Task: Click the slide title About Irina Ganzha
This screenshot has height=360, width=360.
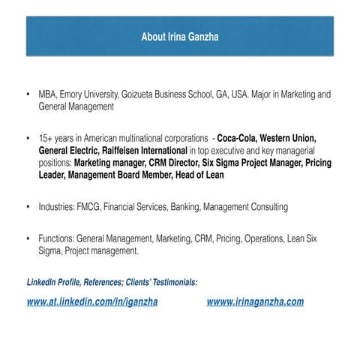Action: pos(179,35)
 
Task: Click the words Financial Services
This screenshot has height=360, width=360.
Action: pos(141,206)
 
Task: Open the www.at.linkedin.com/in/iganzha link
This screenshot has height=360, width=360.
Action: pos(91,302)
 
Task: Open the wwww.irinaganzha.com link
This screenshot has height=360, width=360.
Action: pos(255,302)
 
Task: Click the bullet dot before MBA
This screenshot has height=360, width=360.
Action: pos(28,95)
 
